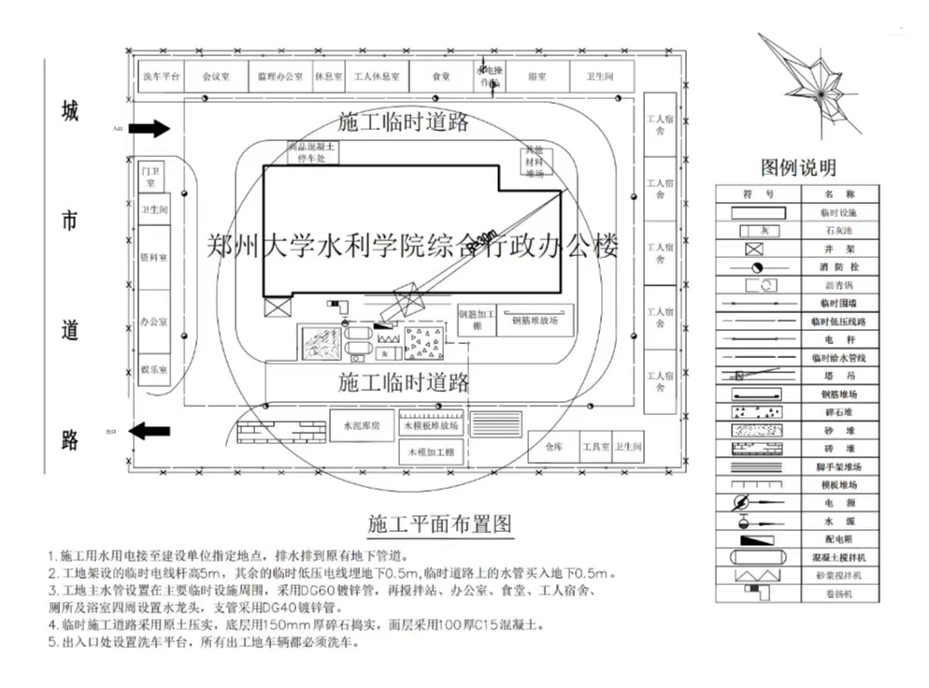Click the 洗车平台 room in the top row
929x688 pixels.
(161, 76)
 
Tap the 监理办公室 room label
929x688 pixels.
(279, 76)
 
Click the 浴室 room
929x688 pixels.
(537, 76)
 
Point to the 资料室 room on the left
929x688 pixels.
(153, 258)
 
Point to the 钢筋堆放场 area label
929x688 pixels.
(535, 320)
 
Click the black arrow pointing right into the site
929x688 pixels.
(148, 128)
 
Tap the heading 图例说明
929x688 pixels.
(798, 168)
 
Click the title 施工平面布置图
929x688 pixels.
(440, 522)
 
